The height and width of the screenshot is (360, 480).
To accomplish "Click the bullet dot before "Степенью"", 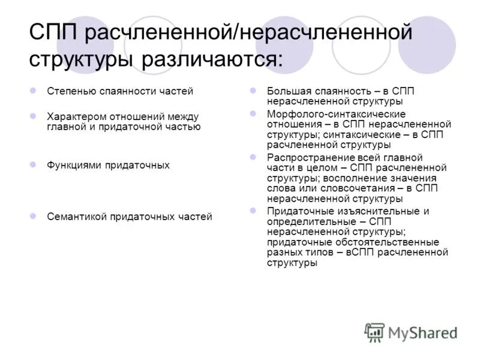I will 34,91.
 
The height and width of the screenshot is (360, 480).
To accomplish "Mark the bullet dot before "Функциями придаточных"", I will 34,164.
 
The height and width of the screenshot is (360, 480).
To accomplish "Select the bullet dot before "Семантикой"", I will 34,216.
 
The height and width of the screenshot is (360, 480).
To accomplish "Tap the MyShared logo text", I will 422,332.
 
